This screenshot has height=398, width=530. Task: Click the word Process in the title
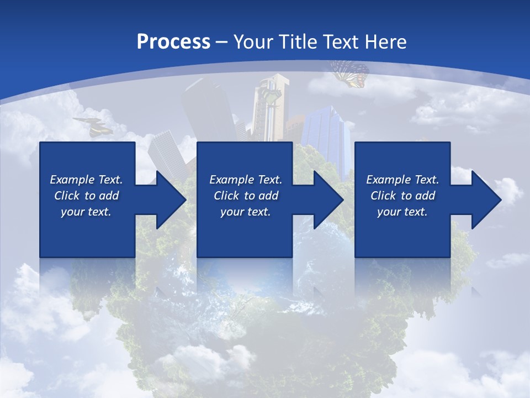(x=173, y=42)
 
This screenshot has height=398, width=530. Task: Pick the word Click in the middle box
(x=226, y=196)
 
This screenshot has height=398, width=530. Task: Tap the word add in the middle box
(x=268, y=196)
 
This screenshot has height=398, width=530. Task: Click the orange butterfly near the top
(x=350, y=74)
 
